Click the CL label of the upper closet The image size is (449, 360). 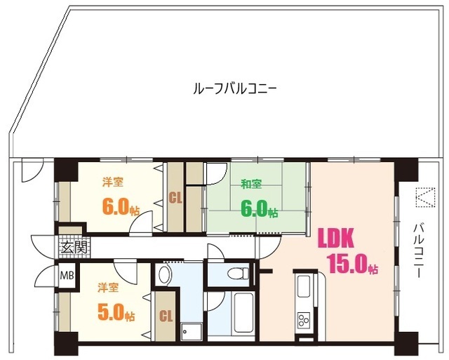pyautogui.click(x=175, y=198)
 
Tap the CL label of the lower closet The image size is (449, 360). pyautogui.click(x=166, y=316)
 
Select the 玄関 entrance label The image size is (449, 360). pyautogui.click(x=74, y=247)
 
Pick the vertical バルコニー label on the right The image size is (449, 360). pyautogui.click(x=420, y=249)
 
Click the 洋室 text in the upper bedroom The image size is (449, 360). pyautogui.click(x=113, y=183)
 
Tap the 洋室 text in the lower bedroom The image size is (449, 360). pyautogui.click(x=107, y=288)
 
